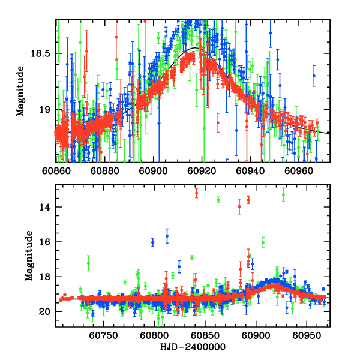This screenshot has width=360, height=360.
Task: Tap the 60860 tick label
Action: click(x=56, y=170)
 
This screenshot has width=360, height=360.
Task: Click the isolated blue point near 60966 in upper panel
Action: click(x=313, y=76)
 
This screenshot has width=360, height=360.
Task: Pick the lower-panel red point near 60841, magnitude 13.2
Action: click(x=196, y=193)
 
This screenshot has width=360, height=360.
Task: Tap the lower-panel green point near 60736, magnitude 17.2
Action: click(x=88, y=263)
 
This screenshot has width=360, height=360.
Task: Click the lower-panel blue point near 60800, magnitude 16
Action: click(x=153, y=242)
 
